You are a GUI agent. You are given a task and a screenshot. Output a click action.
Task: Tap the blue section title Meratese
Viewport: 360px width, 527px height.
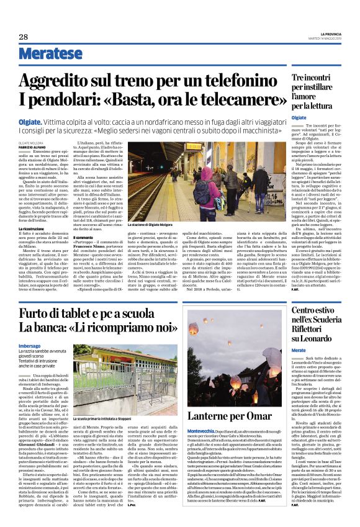[46, 54]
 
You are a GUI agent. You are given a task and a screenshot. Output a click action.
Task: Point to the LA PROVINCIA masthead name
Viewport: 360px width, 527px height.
[325, 33]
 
